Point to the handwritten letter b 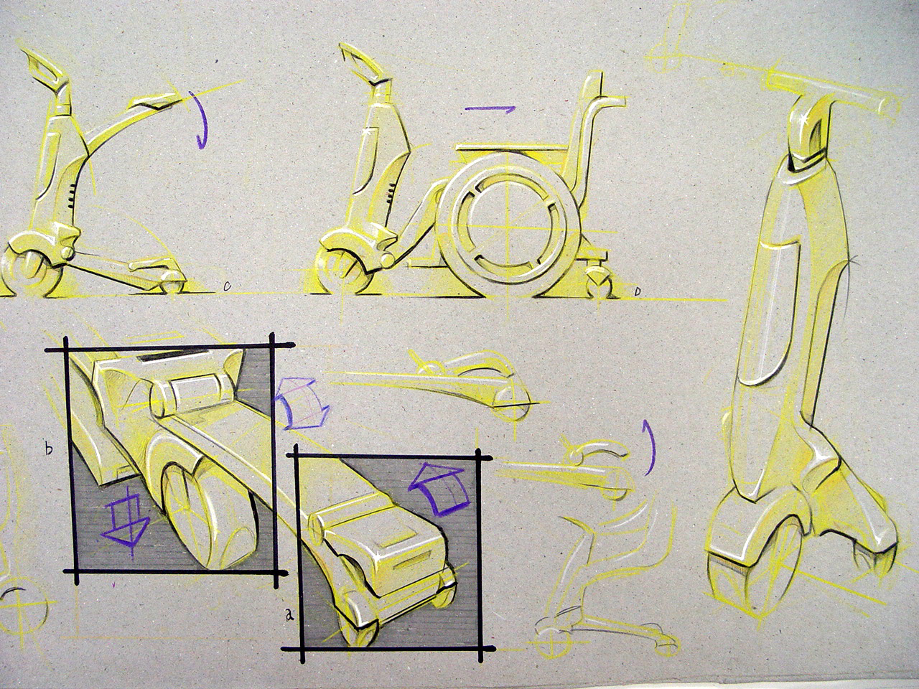pyautogui.click(x=48, y=449)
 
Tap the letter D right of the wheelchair pyautogui.click(x=638, y=291)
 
